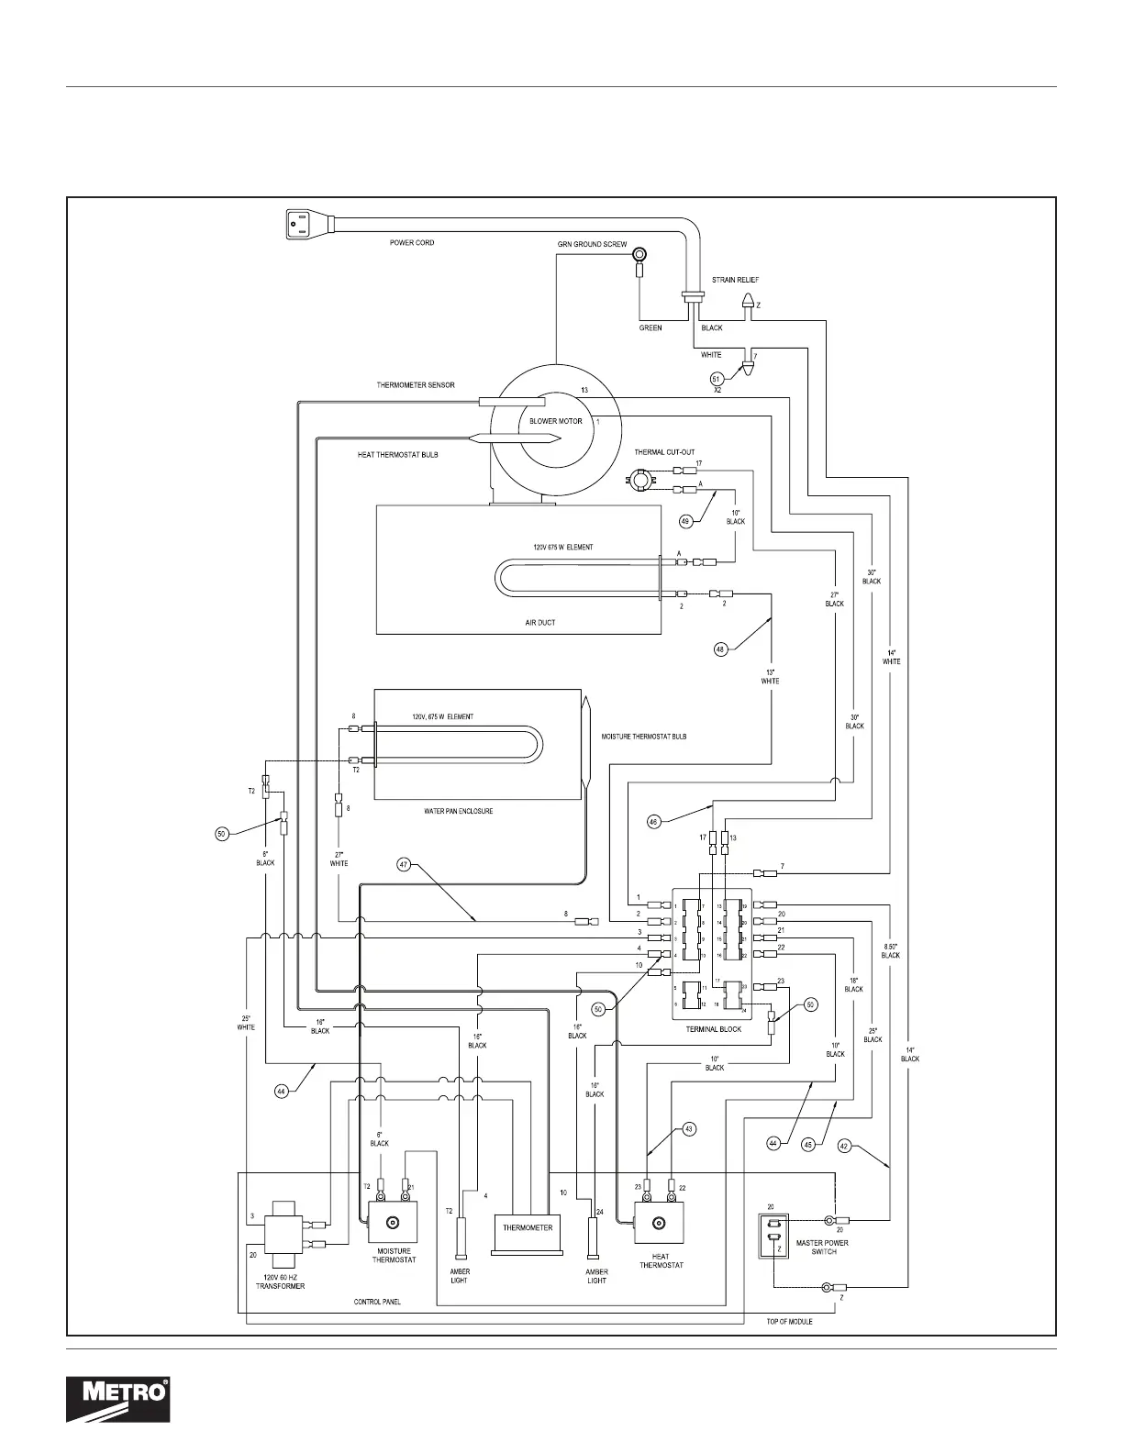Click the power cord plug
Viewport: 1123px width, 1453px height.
[304, 223]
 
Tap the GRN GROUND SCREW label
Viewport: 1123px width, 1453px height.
[592, 245]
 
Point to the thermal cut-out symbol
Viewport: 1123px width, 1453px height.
[640, 478]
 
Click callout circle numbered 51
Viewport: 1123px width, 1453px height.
[717, 377]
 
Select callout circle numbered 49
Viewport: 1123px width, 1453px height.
[685, 521]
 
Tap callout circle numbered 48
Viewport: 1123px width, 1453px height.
[720, 649]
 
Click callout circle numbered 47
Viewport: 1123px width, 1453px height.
[405, 863]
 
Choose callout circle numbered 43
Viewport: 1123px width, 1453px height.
[689, 1129]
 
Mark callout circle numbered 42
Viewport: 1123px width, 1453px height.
[845, 1145]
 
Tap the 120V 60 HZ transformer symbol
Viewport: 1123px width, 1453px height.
[284, 1235]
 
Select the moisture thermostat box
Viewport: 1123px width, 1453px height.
[392, 1223]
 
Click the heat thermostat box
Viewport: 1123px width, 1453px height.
[657, 1223]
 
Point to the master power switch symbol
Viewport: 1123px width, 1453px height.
[773, 1236]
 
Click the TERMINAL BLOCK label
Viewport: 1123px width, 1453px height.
[713, 1029]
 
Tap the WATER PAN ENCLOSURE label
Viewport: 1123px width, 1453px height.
[460, 811]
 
